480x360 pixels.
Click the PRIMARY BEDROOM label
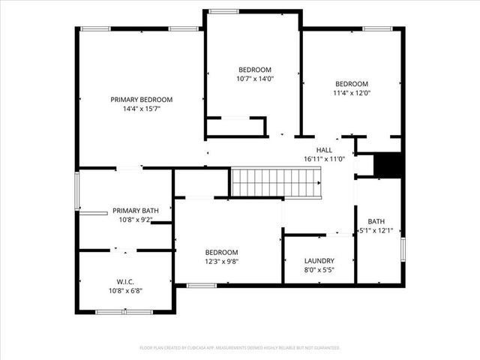pos(142,100)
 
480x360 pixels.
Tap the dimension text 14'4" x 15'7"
pos(142,109)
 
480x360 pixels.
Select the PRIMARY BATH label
pos(136,211)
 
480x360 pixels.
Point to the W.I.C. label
pos(125,282)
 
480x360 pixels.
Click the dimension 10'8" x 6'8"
pos(125,291)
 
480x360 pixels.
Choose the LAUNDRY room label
pos(319,261)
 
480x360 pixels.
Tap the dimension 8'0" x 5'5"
pos(319,270)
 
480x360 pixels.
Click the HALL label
pos(324,150)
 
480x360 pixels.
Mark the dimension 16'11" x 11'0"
pos(324,159)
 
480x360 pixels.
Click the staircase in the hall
pos(274,183)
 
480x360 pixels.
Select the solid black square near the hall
pos(388,165)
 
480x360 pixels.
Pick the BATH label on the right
pos(376,221)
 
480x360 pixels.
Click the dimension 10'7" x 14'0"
pos(255,79)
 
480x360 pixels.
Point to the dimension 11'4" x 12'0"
pos(352,93)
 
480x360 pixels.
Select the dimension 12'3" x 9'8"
pos(222,261)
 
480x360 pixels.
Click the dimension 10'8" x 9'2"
pos(136,220)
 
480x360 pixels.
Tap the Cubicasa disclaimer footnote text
pos(240,348)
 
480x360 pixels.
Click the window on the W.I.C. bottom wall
pos(126,311)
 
